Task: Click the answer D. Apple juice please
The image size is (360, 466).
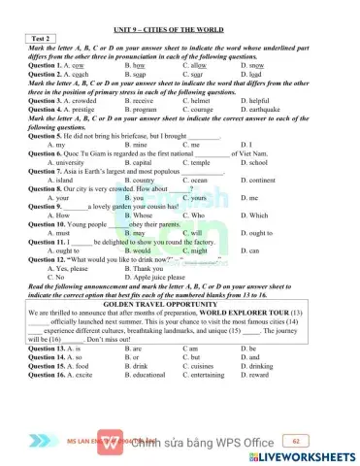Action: [x=166, y=277]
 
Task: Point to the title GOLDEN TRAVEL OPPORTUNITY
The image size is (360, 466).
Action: [x=180, y=304]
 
